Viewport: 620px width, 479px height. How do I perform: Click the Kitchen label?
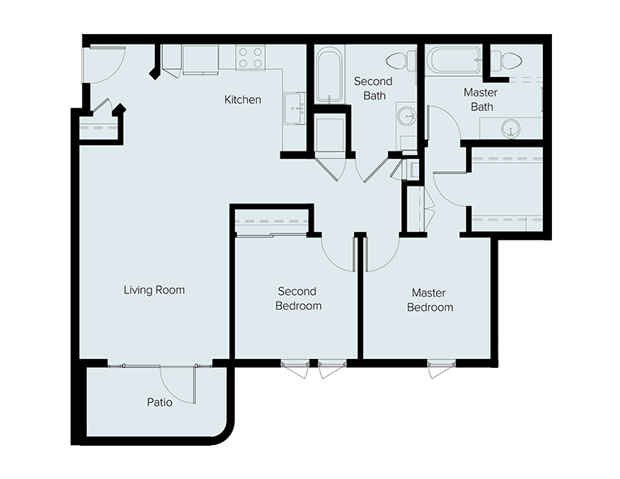pos(242,100)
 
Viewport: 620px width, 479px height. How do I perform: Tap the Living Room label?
pos(154,290)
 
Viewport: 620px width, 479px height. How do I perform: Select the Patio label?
pos(160,402)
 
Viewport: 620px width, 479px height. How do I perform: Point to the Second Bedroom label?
pos(298,298)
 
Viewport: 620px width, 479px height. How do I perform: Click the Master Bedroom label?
pos(430,300)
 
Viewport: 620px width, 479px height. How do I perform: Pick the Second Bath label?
pos(374,88)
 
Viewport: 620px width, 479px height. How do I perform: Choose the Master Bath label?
pos(481,100)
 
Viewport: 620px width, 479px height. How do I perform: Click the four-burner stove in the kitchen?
pos(250,58)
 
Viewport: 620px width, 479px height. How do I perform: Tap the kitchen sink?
pos(294,109)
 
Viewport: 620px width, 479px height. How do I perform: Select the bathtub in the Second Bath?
pos(329,75)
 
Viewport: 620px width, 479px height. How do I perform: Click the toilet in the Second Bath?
pos(401,62)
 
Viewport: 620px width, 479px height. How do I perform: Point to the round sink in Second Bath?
pos(407,116)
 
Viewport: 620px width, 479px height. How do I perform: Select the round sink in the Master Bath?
pos(511,129)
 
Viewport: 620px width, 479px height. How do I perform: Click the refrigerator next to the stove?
pos(200,59)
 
